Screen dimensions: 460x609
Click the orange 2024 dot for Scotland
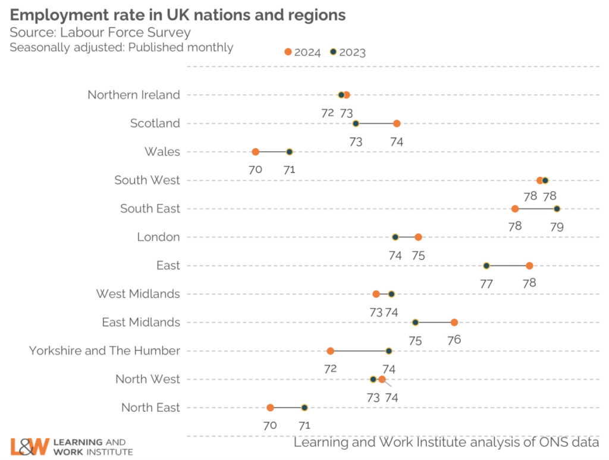(397, 123)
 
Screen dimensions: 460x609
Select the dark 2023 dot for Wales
(290, 152)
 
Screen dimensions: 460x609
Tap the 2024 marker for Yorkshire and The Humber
(330, 351)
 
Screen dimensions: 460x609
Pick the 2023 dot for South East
(557, 209)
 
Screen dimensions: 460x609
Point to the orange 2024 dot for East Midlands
(454, 323)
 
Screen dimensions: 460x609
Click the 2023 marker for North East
(304, 408)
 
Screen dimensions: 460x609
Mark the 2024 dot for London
(418, 237)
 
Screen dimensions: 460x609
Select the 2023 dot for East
(486, 265)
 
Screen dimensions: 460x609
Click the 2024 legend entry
(304, 52)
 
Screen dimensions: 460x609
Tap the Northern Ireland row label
(133, 95)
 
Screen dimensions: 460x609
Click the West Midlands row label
(137, 294)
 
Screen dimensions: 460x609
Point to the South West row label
(147, 180)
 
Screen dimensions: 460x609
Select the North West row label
(147, 379)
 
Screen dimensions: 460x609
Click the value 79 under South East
(557, 227)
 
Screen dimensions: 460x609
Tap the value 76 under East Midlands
(454, 340)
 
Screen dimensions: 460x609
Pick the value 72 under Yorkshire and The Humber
(331, 368)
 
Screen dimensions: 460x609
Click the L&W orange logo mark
(29, 446)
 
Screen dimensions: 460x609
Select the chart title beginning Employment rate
(177, 14)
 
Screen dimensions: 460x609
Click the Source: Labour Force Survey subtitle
(100, 32)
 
